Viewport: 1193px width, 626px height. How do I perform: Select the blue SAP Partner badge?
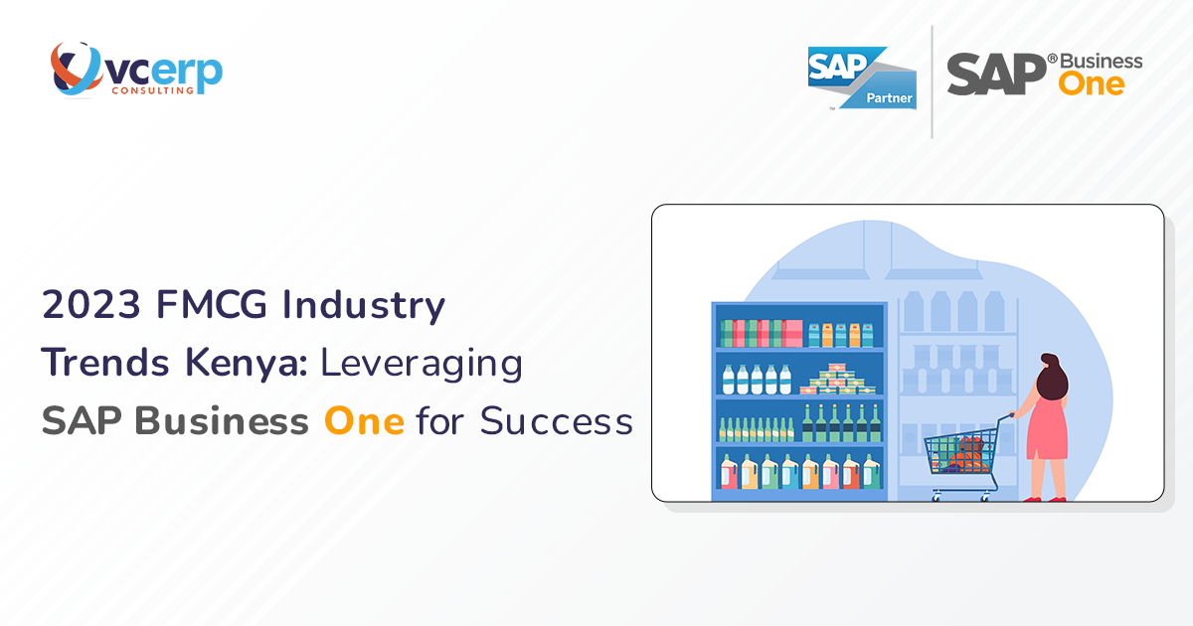(x=862, y=77)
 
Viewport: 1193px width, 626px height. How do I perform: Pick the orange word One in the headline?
(x=364, y=421)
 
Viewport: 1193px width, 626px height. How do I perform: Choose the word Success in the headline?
(x=557, y=421)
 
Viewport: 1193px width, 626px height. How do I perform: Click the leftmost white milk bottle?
(x=729, y=380)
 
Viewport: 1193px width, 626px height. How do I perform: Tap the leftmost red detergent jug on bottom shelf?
(x=728, y=472)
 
